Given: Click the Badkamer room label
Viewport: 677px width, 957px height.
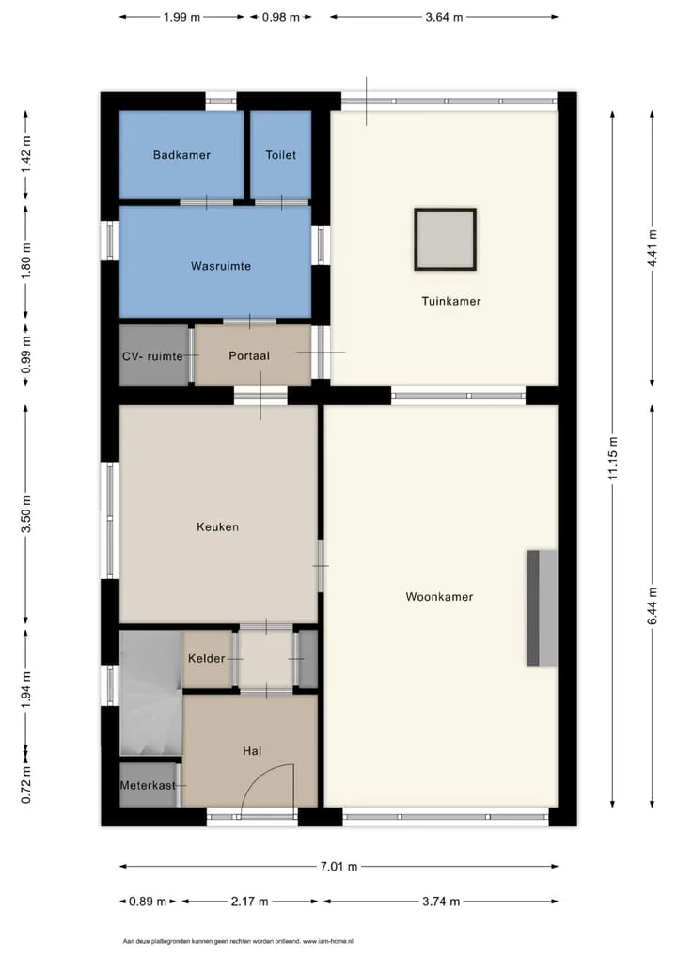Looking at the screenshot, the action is tap(181, 155).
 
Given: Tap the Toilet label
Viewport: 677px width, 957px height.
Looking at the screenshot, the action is tap(281, 155).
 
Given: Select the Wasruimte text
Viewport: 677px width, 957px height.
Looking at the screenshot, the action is tap(220, 266).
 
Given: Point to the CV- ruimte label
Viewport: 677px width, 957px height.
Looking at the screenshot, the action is tap(152, 356).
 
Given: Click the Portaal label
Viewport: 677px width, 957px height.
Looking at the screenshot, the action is tap(249, 356).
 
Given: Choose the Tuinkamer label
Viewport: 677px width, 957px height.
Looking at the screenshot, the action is tap(451, 301).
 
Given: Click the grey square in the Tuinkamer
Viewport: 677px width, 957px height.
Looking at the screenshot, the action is tap(446, 239).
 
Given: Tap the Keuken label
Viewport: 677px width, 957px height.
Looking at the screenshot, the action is tap(217, 526).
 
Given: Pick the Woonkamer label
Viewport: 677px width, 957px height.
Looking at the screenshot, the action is tap(439, 597).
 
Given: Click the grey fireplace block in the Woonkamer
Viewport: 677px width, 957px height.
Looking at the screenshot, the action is tap(543, 608).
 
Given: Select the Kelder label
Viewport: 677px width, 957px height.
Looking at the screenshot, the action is tap(206, 659).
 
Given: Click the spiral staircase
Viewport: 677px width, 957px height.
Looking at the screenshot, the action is tap(150, 694).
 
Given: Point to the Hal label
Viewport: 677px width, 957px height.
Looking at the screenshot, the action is tap(252, 751).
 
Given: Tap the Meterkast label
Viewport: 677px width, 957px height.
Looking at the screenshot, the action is tap(148, 786).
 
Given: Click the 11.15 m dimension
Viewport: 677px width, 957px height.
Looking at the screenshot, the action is tap(613, 459).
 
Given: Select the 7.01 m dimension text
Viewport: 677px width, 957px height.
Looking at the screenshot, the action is tap(338, 866).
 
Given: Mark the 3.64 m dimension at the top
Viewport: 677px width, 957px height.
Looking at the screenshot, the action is tap(445, 17).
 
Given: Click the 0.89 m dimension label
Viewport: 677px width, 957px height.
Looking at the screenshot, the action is tap(148, 902).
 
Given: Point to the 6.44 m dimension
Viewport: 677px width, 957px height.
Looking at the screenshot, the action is tap(653, 606).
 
